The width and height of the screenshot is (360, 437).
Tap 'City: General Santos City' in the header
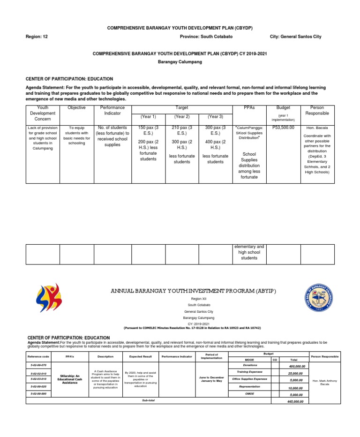click(x=296, y=37)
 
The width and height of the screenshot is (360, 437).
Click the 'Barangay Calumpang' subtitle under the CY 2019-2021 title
click(x=180, y=62)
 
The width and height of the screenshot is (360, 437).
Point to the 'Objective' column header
click(x=76, y=108)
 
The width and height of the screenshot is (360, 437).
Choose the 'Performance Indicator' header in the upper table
click(x=112, y=111)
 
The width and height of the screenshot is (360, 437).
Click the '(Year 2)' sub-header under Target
click(x=182, y=117)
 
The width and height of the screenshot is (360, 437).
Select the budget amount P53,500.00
click(x=283, y=128)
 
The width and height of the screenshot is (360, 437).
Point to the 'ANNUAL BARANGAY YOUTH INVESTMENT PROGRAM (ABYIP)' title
click(x=193, y=291)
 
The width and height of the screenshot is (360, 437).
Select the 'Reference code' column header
click(x=38, y=357)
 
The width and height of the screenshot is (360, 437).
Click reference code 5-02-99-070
click(x=38, y=364)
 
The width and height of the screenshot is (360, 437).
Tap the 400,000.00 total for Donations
click(x=297, y=366)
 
